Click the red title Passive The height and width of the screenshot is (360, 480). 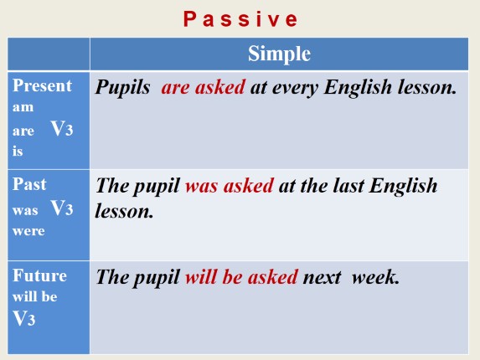click(x=240, y=18)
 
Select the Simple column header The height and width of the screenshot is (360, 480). click(x=279, y=54)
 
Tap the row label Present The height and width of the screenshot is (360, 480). click(x=42, y=86)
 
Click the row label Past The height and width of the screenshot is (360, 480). click(x=30, y=184)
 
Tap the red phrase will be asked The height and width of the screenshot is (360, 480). click(x=241, y=277)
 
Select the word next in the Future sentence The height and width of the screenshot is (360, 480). click(x=323, y=277)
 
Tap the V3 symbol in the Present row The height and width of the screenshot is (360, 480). click(x=63, y=130)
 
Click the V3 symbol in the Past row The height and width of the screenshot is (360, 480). click(x=63, y=208)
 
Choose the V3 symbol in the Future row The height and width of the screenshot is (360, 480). click(x=23, y=317)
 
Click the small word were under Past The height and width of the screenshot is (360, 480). click(x=28, y=230)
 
